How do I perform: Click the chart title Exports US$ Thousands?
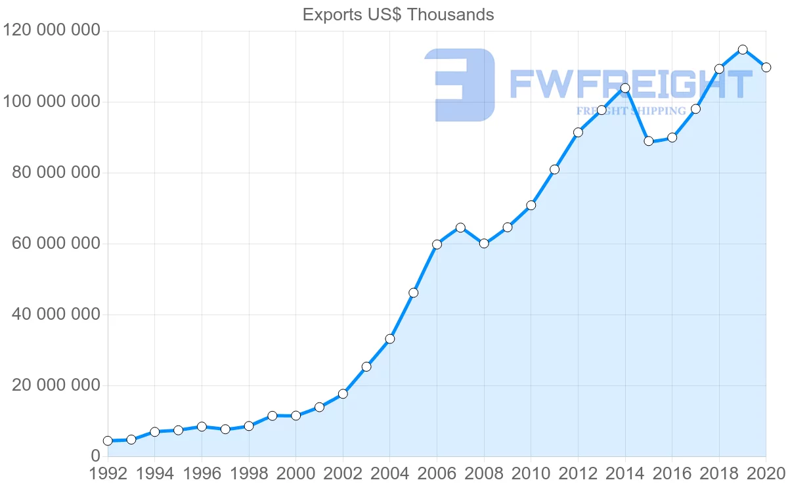[x=398, y=14]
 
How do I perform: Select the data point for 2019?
[x=743, y=49]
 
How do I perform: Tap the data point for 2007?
[x=460, y=228]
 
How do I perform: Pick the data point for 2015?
[x=649, y=141]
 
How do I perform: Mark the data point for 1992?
[x=108, y=441]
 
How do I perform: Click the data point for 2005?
[x=413, y=293]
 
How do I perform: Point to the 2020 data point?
[x=766, y=67]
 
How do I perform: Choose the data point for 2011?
[x=554, y=169]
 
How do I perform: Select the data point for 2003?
[x=366, y=366]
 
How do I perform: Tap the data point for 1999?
[x=273, y=416]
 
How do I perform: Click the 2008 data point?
[x=484, y=243]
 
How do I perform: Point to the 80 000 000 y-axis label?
[x=56, y=173]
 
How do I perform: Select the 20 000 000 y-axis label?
[x=56, y=385]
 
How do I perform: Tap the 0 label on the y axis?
[x=96, y=456]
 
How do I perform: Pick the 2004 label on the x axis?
[x=389, y=474]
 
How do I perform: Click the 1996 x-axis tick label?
[x=202, y=474]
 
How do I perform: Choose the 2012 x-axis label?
[x=578, y=474]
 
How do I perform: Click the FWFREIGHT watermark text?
[x=630, y=84]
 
